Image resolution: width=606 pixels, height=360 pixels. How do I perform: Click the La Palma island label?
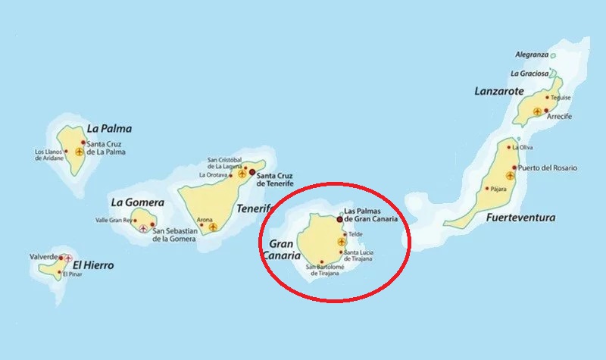109,128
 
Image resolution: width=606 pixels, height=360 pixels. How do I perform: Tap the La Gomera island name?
137,202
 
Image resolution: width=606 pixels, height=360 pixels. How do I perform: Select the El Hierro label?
93,265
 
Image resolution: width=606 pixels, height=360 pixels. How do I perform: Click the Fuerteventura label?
521,218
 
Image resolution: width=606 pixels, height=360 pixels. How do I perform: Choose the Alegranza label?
532,55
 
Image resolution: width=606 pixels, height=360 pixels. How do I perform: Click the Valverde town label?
43,257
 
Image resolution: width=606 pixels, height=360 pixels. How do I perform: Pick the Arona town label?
205,220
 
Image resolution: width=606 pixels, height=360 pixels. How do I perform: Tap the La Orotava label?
213,174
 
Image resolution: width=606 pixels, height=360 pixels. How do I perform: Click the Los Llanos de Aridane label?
49,154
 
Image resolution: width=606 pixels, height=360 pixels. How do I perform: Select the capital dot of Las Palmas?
339,219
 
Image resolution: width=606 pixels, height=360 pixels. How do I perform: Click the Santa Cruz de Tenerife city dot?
252,173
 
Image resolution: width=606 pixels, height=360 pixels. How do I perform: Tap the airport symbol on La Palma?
79,152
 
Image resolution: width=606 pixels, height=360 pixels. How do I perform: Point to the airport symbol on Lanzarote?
538,111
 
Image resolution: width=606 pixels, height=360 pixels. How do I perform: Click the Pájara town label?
498,188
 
